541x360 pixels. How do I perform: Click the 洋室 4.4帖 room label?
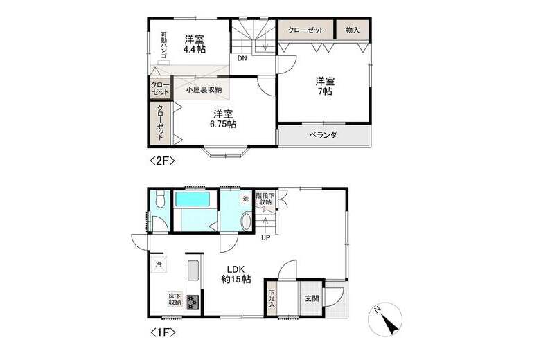click(x=195, y=44)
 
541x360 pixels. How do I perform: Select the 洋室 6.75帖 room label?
click(x=223, y=118)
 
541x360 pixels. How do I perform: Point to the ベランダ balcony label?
click(x=323, y=135)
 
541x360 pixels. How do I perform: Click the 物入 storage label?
click(x=352, y=30)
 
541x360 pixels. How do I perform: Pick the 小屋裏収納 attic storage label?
click(x=203, y=89)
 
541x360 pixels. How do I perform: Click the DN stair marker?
click(x=242, y=59)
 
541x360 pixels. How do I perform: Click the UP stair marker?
click(x=265, y=239)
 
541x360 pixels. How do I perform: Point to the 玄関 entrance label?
click(x=312, y=299)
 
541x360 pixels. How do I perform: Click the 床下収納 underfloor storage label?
click(x=174, y=299)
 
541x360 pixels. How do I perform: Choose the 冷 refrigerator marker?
click(x=159, y=264)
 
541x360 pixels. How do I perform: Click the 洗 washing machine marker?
click(x=245, y=199)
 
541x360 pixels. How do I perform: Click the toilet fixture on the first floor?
click(x=160, y=201)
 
